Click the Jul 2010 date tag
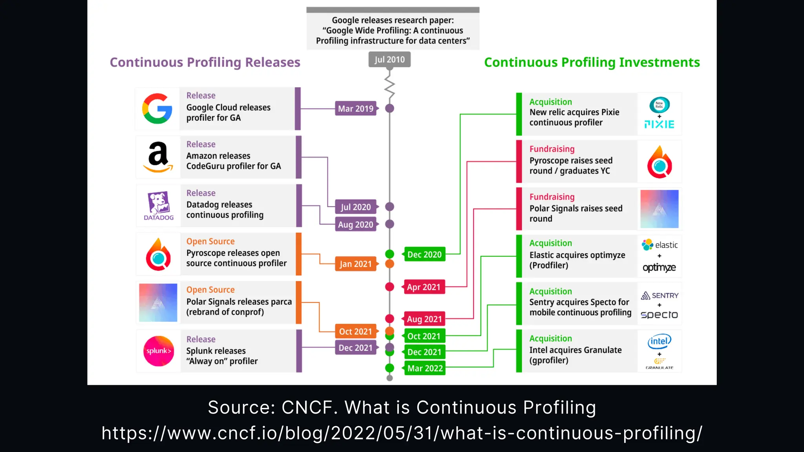pos(389,60)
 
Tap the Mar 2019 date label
pos(356,109)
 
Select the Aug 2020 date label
pos(355,224)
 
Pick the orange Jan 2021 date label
pos(355,264)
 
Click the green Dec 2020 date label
pos(424,255)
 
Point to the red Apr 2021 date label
pos(424,287)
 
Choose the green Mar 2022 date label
pos(425,368)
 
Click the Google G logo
pos(157,109)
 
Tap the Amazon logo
pos(158,157)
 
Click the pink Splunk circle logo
pos(159,351)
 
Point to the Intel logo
pos(659,341)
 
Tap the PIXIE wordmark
pos(659,125)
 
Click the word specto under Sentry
pos(659,315)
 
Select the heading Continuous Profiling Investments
pos(592,62)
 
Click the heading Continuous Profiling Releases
pos(205,62)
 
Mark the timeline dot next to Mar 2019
pos(389,108)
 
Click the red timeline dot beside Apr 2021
pos(389,287)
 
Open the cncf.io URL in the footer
pos(402,433)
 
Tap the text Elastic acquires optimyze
pos(577,255)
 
